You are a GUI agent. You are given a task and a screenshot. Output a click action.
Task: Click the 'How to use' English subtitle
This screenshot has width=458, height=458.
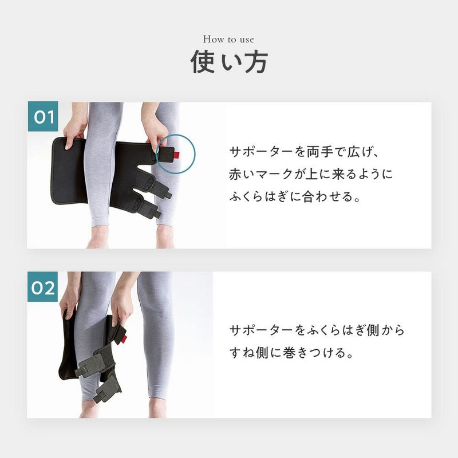[228, 39]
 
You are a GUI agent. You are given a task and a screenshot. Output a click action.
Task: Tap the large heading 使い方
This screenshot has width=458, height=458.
[229, 62]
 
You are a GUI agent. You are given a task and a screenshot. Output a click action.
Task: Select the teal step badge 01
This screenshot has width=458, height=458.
[43, 116]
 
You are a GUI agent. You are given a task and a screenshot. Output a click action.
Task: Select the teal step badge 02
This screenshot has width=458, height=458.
[42, 287]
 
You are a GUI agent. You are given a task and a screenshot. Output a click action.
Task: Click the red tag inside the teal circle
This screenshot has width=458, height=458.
[177, 154]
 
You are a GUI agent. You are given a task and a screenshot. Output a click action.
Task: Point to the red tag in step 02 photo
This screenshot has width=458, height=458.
[124, 339]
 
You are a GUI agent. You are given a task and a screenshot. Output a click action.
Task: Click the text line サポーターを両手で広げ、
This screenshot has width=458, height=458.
[304, 152]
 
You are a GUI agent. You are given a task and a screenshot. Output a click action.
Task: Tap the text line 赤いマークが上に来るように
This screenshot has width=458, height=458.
[311, 175]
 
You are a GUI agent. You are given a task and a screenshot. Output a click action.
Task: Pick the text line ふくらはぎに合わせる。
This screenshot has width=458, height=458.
[295, 196]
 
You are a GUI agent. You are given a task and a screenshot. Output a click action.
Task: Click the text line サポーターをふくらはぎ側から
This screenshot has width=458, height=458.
[317, 330]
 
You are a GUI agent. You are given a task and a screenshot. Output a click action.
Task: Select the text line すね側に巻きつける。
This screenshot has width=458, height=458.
[291, 353]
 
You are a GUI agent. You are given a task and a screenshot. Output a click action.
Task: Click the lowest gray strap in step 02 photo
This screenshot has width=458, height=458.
[108, 388]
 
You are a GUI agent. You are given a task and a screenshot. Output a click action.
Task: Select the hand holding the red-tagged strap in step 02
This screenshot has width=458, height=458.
[121, 304]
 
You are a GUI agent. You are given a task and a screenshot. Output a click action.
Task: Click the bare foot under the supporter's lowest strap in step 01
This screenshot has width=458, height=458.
[165, 236]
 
